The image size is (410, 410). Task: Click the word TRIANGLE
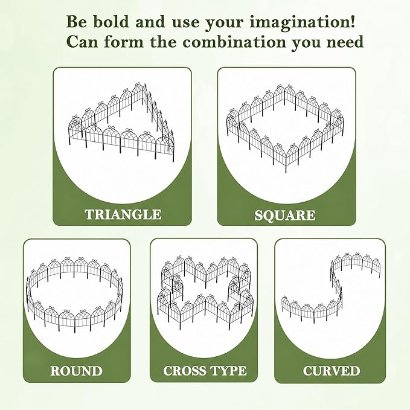click(x=123, y=214)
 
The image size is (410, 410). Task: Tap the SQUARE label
click(x=285, y=215)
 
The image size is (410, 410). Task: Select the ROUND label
click(x=76, y=371)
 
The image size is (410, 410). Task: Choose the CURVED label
click(x=332, y=371)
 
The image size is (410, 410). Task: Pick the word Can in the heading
click(x=83, y=42)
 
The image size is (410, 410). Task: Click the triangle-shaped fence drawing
click(x=121, y=121)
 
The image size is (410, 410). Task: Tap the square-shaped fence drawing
click(x=285, y=128)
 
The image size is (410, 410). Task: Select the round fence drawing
click(x=74, y=295)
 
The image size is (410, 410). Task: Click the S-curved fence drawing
click(x=331, y=287)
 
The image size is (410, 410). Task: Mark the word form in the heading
click(x=124, y=42)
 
